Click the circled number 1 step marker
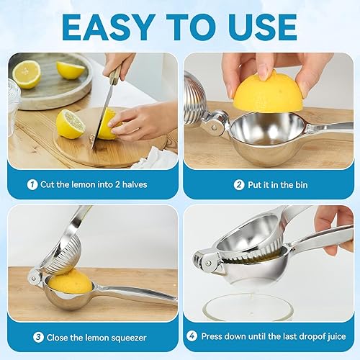pyautogui.click(x=32, y=184)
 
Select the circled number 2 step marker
pyautogui.click(x=239, y=185)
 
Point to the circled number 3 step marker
pyautogui.click(x=38, y=338)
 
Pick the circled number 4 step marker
pyautogui.click(x=192, y=336)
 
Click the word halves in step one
pyautogui.click(x=135, y=184)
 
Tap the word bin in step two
pyautogui.click(x=301, y=185)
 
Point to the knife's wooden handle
pyautogui.click(x=115, y=75)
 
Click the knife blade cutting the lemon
pyautogui.click(x=102, y=115)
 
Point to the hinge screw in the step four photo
pyautogui.click(x=208, y=264)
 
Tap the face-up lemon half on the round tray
pyautogui.click(x=27, y=74)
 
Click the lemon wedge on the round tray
pyautogui.click(x=70, y=70)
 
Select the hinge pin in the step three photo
pyautogui.click(x=34, y=279)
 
